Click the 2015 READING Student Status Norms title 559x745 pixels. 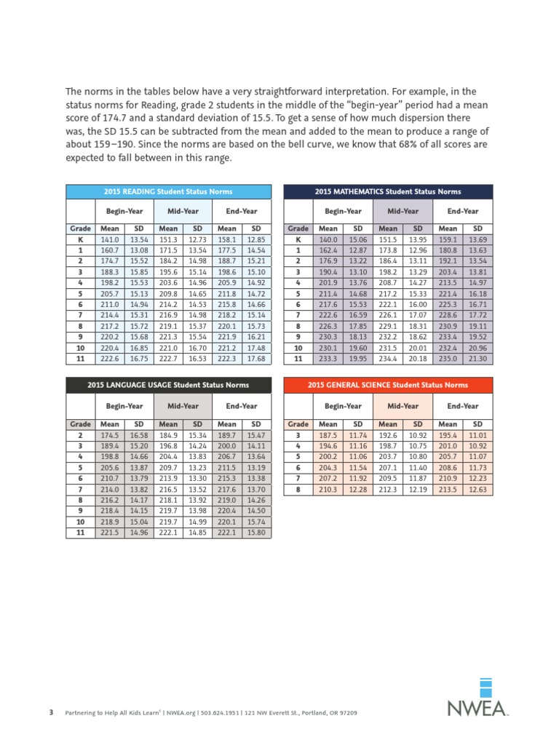(169, 191)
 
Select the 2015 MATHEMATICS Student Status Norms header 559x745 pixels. (387, 191)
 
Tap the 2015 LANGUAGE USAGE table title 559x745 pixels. (168, 385)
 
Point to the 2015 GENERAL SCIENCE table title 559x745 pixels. (387, 385)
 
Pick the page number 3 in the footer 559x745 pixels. (51, 712)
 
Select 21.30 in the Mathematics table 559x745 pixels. (477, 359)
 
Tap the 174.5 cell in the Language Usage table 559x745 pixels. (109, 436)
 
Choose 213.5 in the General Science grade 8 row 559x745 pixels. (448, 490)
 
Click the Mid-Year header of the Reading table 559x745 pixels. (183, 211)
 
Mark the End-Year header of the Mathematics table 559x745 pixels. (463, 211)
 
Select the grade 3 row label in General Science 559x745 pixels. (298, 436)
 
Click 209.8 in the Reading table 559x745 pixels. (168, 293)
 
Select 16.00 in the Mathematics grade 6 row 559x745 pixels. (419, 304)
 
